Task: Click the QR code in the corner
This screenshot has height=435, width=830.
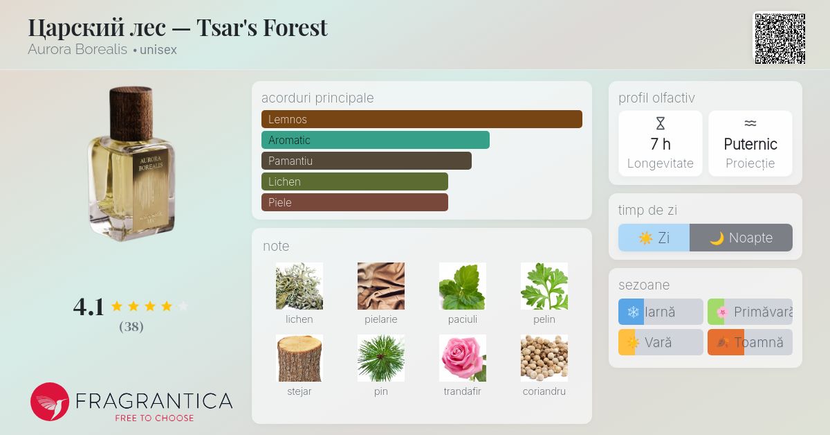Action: coord(780,38)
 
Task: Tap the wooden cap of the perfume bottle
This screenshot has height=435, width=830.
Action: coord(131,106)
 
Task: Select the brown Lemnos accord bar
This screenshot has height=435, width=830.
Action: coord(421,119)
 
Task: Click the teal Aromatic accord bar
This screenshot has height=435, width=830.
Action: coord(375,140)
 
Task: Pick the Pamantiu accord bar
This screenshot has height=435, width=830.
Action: coord(366,161)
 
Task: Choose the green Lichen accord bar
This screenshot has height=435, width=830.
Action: coord(354,181)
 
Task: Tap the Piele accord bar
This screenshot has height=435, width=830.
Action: coord(354,202)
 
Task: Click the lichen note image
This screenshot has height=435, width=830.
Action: coord(299,286)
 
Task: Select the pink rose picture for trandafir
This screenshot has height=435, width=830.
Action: coord(462,358)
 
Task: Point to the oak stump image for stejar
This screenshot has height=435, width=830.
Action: coord(299,358)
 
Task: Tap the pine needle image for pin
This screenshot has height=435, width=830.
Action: coord(380,358)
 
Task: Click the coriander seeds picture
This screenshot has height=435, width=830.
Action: coord(544,358)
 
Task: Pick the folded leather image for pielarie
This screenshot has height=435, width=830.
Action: coord(380,286)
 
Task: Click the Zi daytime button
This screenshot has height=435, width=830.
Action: coord(654,238)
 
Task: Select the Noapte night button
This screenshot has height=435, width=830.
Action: coord(741,238)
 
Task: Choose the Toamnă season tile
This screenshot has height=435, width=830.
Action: coord(750,342)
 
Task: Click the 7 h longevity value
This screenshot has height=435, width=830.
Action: coord(660,144)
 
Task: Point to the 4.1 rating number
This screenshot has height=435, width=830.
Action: coord(89,307)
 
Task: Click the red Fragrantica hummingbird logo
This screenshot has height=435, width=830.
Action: coord(50,402)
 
